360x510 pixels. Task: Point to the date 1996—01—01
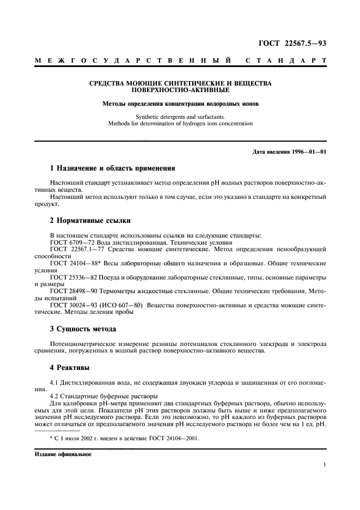tap(309, 150)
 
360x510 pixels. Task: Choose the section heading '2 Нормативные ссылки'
tap(87, 221)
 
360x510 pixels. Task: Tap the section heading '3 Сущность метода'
tap(83, 329)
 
